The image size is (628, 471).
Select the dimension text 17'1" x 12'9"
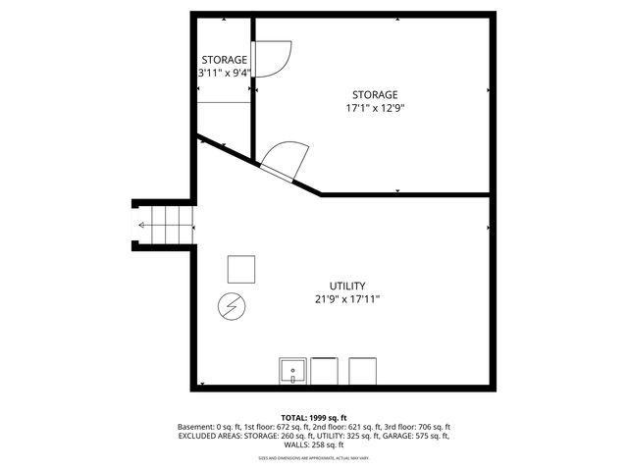pos(376,108)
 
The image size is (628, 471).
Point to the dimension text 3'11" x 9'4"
pos(224,73)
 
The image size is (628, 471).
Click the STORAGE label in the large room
pos(376,94)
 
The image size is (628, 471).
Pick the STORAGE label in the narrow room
pos(224,60)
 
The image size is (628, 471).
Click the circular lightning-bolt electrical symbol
pos(233,307)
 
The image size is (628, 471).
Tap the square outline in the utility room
pos(241,268)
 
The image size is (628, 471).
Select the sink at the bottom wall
pos(293,371)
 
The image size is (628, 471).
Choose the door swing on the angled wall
pos(284,158)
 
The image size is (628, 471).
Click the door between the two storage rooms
pos(271,60)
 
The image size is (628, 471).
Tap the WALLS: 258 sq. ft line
pos(314,445)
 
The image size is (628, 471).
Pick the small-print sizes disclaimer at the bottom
pos(314,458)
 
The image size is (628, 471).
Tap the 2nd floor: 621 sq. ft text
pos(342,427)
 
